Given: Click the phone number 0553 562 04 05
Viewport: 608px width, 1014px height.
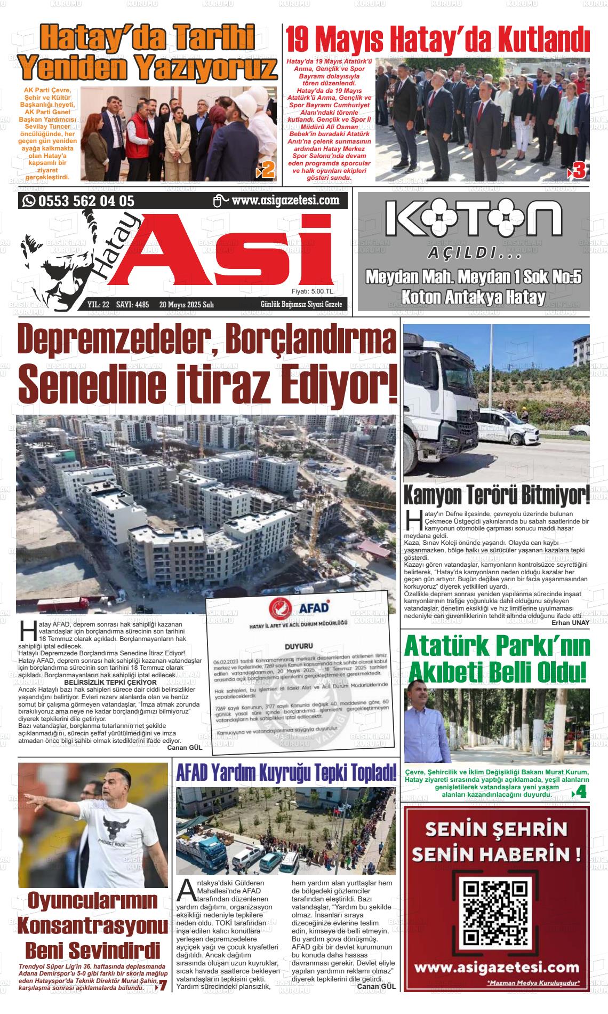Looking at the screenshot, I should (85, 201).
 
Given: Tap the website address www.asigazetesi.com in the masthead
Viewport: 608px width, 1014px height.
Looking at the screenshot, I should (286, 201).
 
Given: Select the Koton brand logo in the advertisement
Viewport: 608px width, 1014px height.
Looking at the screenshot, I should (474, 219).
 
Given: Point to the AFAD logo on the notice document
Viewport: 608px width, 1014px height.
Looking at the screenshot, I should (299, 608).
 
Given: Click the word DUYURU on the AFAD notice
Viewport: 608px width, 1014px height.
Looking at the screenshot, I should (298, 646).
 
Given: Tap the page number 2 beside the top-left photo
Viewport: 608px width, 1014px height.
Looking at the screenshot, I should (267, 170).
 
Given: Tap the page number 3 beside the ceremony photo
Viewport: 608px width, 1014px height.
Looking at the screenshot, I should (579, 170).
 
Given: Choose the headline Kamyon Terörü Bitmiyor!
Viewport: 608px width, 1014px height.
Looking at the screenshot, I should (497, 495).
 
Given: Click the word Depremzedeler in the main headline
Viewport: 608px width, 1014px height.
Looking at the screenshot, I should (112, 342).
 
